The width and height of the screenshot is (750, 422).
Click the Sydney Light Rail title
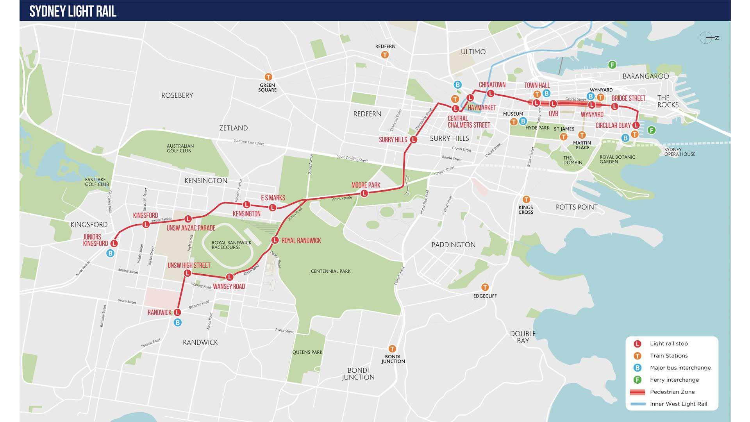73,11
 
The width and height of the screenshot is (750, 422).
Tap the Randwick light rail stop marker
177,312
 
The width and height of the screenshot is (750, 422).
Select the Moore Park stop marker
364,193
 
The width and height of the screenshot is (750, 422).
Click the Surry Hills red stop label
393,139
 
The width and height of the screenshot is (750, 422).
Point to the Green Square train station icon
268,77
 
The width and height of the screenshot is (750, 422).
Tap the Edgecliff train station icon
485,287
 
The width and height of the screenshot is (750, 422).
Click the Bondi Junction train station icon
392,349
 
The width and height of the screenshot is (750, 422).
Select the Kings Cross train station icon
526,199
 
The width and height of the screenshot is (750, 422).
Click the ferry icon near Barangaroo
612,64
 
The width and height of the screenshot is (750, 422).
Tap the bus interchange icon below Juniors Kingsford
111,253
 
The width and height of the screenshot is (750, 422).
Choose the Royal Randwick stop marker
275,240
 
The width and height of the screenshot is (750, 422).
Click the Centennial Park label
330,271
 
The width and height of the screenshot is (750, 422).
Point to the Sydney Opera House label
679,152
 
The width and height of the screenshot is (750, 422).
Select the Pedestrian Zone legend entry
672,392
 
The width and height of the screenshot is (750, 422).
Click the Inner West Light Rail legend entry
678,404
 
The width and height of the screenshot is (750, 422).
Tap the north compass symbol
706,38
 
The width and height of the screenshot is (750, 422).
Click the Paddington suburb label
453,245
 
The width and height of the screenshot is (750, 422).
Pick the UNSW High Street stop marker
187,273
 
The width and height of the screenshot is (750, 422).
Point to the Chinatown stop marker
491,93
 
